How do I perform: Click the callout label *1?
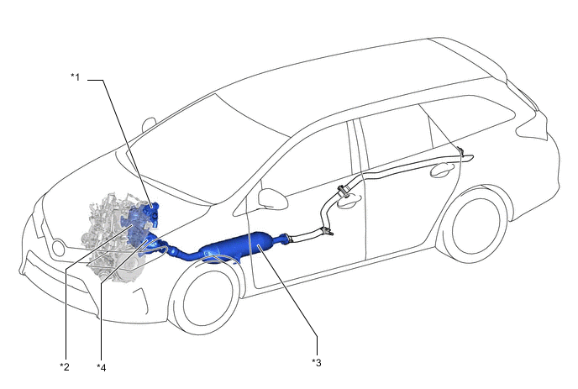coord(76,77)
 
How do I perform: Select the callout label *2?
coord(65,367)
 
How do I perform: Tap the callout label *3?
coord(317,363)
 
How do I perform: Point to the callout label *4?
coord(102,367)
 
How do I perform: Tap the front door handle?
coord(349,202)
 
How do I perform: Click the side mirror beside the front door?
coord(272,198)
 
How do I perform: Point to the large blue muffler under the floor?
coord(241,246)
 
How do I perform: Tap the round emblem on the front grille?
coord(59,248)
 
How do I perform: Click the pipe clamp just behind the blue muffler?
coord(326,232)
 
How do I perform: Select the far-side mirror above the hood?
coord(149,124)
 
